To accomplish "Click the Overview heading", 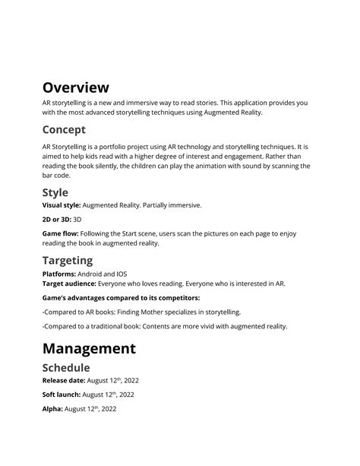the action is [76, 87].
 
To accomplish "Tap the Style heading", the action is [55, 192].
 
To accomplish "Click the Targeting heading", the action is [68, 260].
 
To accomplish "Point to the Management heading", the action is [89, 349].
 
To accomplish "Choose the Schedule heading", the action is [71, 367].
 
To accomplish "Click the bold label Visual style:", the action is [61, 205].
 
